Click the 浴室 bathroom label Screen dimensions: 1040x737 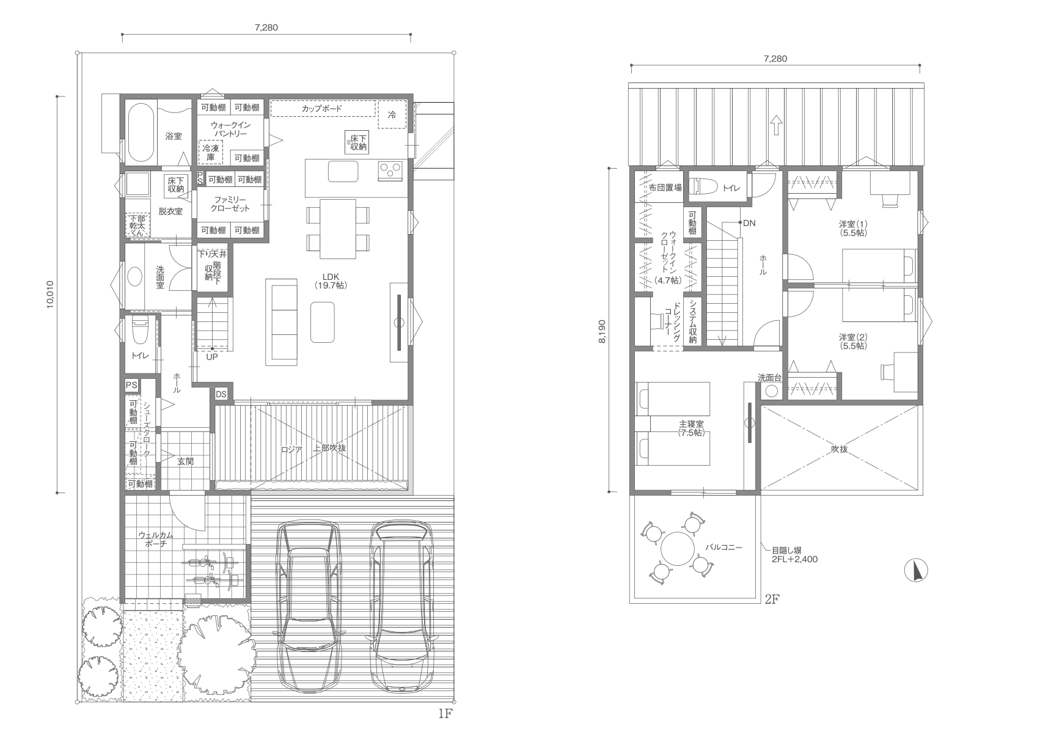pyautogui.click(x=174, y=136)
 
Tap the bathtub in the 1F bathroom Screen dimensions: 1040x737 pyautogui.click(x=140, y=133)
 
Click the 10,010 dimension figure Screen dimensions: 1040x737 pyautogui.click(x=50, y=294)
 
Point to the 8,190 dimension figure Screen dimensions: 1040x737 pyautogui.click(x=602, y=331)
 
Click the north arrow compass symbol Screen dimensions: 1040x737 pyautogui.click(x=916, y=570)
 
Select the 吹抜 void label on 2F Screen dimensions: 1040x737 pyautogui.click(x=839, y=449)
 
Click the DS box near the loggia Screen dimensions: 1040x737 pyautogui.click(x=221, y=394)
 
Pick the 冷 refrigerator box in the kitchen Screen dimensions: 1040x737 pyautogui.click(x=392, y=115)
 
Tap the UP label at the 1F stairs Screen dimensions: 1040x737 pyautogui.click(x=211, y=357)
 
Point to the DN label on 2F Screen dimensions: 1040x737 pyautogui.click(x=749, y=223)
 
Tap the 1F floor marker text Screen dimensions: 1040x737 pyautogui.click(x=445, y=714)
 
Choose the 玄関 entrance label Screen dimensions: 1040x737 pyautogui.click(x=185, y=461)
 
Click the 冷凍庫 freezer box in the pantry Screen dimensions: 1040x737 pyautogui.click(x=211, y=152)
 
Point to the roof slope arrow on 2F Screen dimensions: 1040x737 pyautogui.click(x=776, y=125)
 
